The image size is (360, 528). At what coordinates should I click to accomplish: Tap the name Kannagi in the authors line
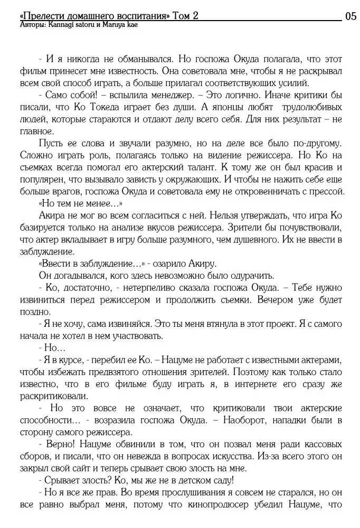point(59,25)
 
